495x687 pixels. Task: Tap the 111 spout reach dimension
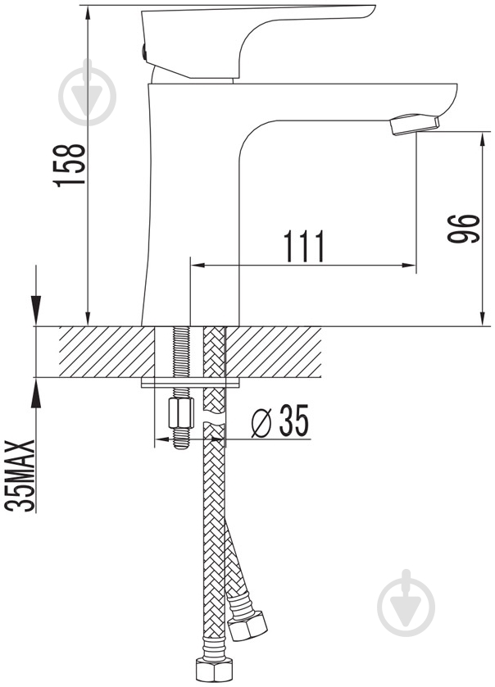pyautogui.click(x=304, y=246)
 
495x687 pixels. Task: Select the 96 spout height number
pyautogui.click(x=463, y=228)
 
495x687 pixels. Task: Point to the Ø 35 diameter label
pyautogui.click(x=280, y=421)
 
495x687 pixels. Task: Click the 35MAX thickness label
pyautogui.click(x=20, y=475)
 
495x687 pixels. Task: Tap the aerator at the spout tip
pyautogui.click(x=415, y=124)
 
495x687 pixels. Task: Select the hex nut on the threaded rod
pyautogui.click(x=181, y=412)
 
